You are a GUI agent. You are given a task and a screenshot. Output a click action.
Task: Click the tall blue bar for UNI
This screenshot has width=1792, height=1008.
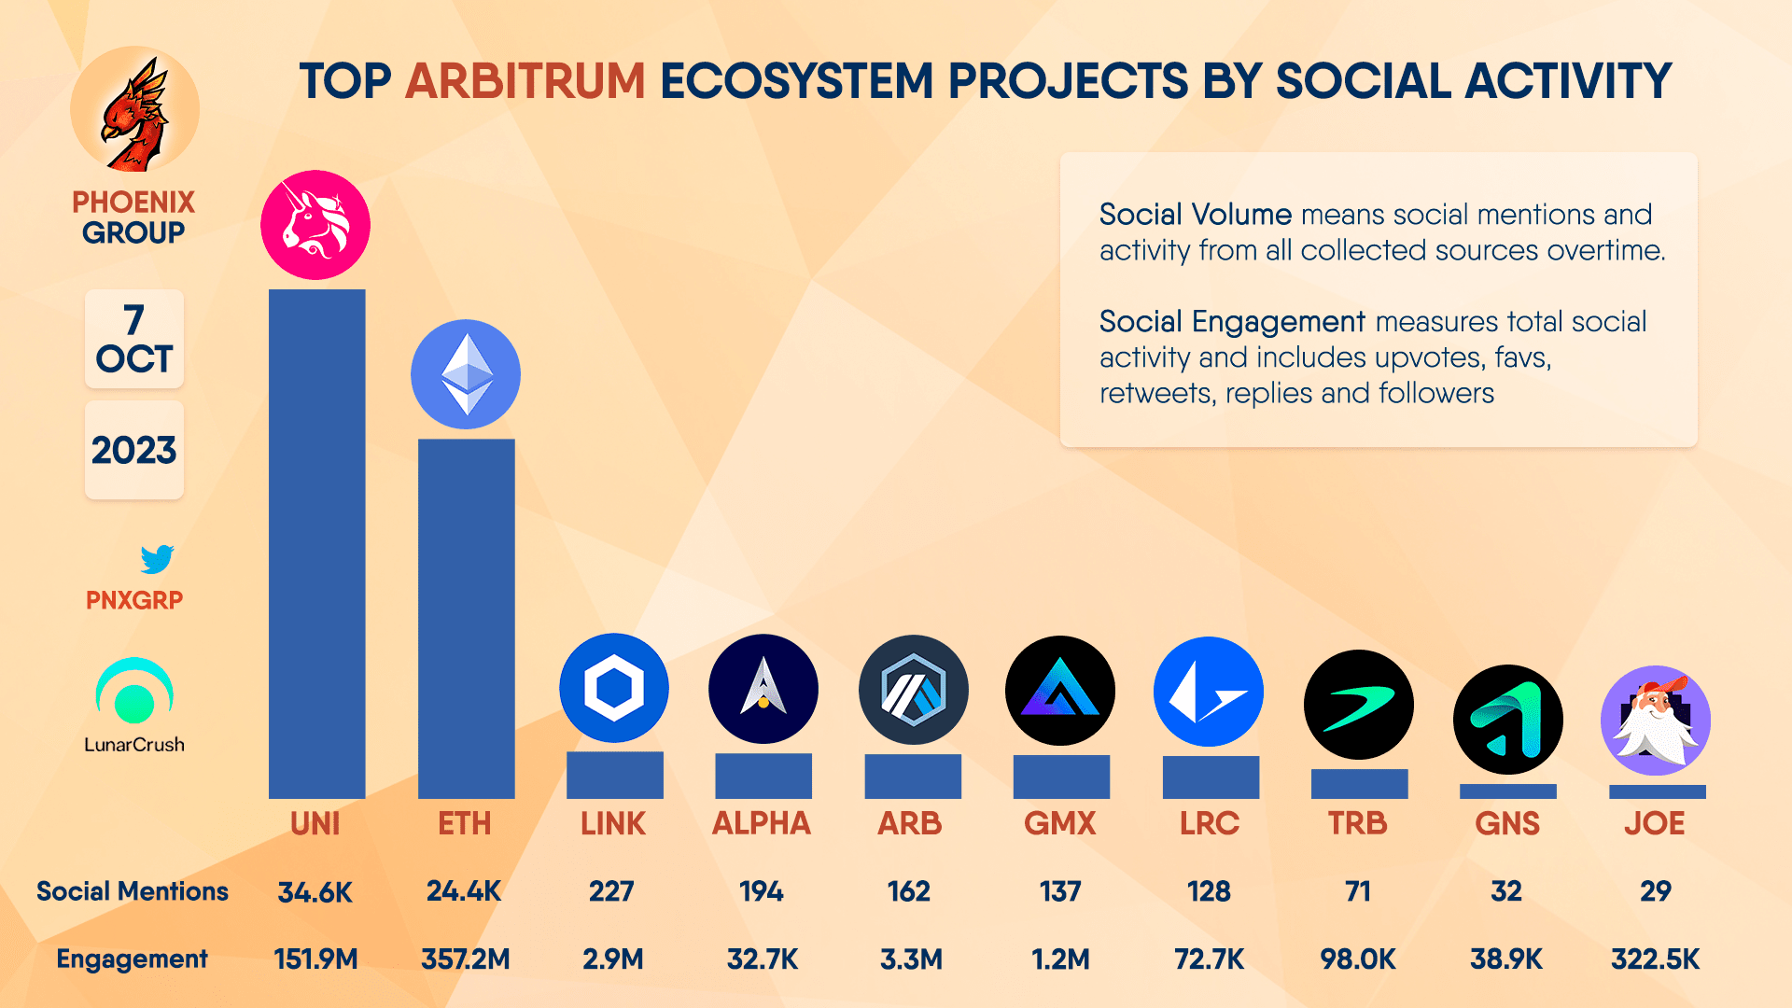316,543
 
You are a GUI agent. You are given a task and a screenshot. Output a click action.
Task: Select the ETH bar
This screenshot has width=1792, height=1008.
466,618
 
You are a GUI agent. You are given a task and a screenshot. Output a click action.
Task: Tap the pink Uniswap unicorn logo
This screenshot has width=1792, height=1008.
315,225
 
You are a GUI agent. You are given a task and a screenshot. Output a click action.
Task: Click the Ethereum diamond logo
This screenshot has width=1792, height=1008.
466,374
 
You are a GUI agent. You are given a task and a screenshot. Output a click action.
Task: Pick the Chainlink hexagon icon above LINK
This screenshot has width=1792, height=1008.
614,689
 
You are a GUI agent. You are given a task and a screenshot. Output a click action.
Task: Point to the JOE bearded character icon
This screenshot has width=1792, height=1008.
1655,720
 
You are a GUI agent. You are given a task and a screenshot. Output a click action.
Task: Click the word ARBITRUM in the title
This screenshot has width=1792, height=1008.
525,81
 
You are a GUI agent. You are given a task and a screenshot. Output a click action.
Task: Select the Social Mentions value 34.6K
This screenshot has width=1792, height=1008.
315,892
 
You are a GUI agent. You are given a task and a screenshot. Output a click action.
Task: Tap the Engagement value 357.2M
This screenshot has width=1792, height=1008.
466,959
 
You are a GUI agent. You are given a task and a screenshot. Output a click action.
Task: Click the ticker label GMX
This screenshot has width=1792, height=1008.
1060,823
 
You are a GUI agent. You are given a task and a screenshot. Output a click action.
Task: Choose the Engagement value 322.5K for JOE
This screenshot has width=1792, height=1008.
1655,959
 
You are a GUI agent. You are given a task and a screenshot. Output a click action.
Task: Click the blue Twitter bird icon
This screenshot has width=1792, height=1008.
157,559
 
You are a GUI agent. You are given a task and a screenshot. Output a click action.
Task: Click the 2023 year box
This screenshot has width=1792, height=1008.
134,450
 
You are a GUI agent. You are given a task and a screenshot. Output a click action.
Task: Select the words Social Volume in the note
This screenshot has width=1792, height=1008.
1195,215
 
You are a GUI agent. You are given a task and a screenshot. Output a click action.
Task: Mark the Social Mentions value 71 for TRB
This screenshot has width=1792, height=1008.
1358,891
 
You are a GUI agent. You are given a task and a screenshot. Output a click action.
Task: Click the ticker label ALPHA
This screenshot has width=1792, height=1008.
762,823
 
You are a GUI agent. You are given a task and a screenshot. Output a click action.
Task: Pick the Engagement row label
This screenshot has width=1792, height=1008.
132,959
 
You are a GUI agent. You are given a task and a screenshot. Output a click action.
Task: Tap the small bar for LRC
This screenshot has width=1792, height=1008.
1210,777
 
